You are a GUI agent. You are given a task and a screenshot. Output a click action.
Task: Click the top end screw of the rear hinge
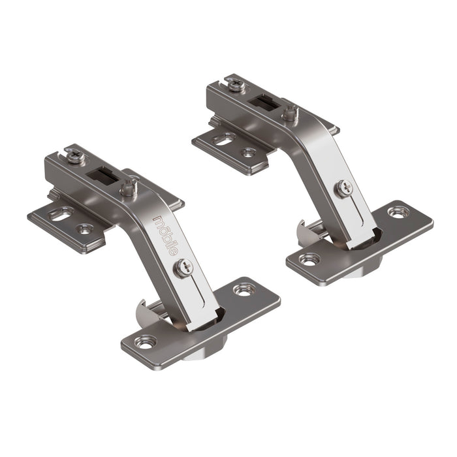pyautogui.click(x=233, y=82)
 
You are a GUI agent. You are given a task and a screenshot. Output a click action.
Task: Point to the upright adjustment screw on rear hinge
pyautogui.click(x=291, y=113)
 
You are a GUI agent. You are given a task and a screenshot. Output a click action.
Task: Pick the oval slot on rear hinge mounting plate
pyautogui.click(x=225, y=139)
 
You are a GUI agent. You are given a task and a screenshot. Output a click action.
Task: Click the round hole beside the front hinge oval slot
pyautogui.click(x=86, y=228)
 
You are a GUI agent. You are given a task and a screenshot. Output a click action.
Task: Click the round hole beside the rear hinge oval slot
pyautogui.click(x=249, y=153)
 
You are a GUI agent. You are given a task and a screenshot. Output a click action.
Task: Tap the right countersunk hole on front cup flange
pyautogui.click(x=244, y=288)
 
